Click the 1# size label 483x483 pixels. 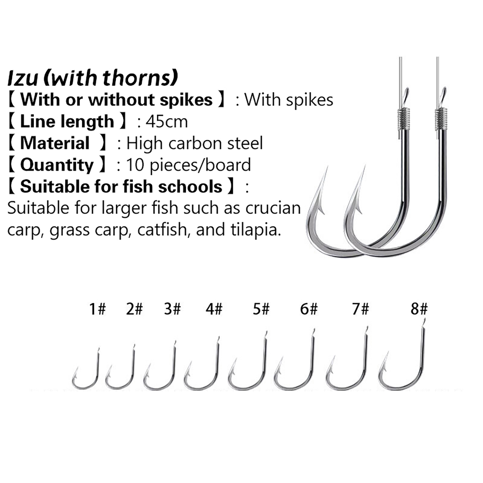[x=98, y=309]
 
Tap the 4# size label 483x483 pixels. [x=214, y=309]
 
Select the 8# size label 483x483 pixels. [x=419, y=309]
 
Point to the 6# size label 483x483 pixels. [x=309, y=309]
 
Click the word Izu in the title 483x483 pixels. [x=23, y=78]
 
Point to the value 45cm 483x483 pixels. [x=167, y=122]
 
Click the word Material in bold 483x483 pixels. [x=55, y=143]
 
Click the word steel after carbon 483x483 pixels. [x=245, y=143]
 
